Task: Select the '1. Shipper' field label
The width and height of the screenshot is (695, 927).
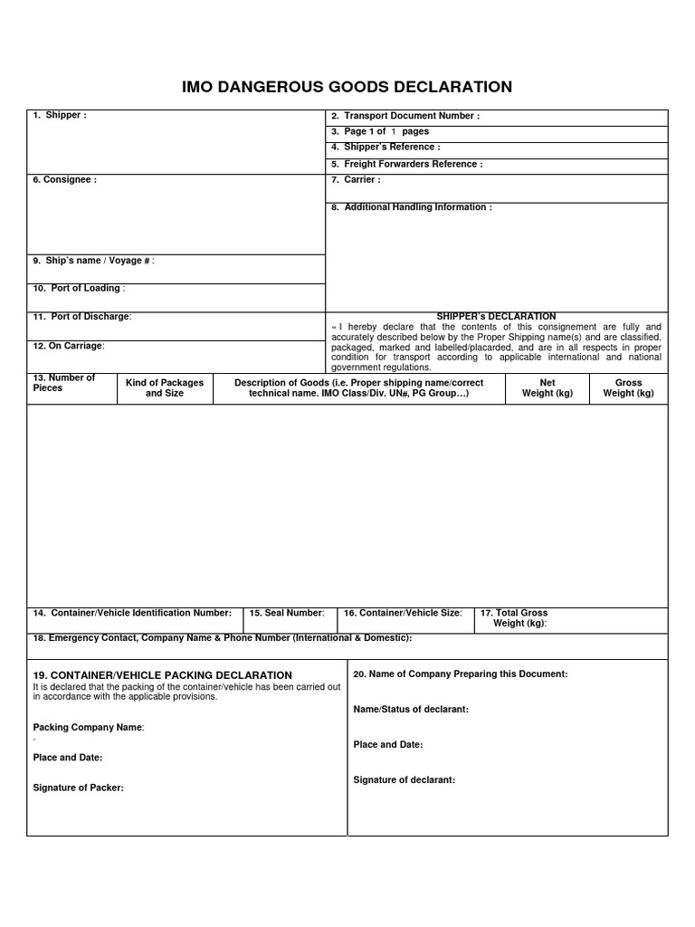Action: point(60,116)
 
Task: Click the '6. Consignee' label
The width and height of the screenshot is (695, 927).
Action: point(64,179)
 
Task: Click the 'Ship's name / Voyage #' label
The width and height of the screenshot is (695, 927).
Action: point(94,261)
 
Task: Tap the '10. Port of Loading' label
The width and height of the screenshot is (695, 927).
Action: point(79,288)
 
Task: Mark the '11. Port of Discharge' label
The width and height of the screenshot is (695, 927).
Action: point(82,316)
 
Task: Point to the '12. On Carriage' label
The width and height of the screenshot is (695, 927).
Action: point(69,345)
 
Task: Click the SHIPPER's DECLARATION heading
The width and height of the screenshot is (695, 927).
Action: point(496,316)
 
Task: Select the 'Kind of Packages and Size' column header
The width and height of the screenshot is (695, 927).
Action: point(165,387)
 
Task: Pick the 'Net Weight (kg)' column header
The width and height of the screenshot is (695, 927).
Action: point(547,387)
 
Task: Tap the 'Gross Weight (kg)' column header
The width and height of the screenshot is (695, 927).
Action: point(628,387)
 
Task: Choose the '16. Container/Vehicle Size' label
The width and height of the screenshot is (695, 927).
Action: point(403,613)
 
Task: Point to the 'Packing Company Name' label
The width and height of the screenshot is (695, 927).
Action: point(89,727)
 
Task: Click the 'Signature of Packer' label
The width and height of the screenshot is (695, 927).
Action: point(79,788)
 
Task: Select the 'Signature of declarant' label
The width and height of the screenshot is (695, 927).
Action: point(405,779)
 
